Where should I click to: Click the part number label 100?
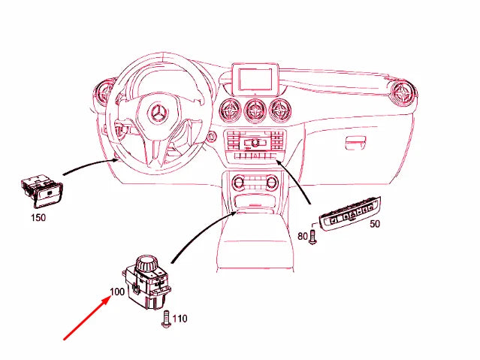click(117, 292)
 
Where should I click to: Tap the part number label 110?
click(180, 319)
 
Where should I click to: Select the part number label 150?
click(38, 217)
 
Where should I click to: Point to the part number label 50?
click(375, 224)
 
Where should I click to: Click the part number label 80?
click(303, 236)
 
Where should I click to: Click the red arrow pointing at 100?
click(86, 319)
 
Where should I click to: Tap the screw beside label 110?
click(166, 319)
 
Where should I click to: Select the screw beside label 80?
click(312, 236)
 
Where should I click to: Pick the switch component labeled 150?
click(42, 191)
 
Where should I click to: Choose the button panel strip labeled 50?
click(350, 214)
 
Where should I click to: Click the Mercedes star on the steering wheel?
click(158, 113)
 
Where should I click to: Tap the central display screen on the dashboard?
click(255, 78)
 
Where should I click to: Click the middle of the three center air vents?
click(255, 110)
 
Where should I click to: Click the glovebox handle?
click(356, 143)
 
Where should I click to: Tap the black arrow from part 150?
click(89, 165)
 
